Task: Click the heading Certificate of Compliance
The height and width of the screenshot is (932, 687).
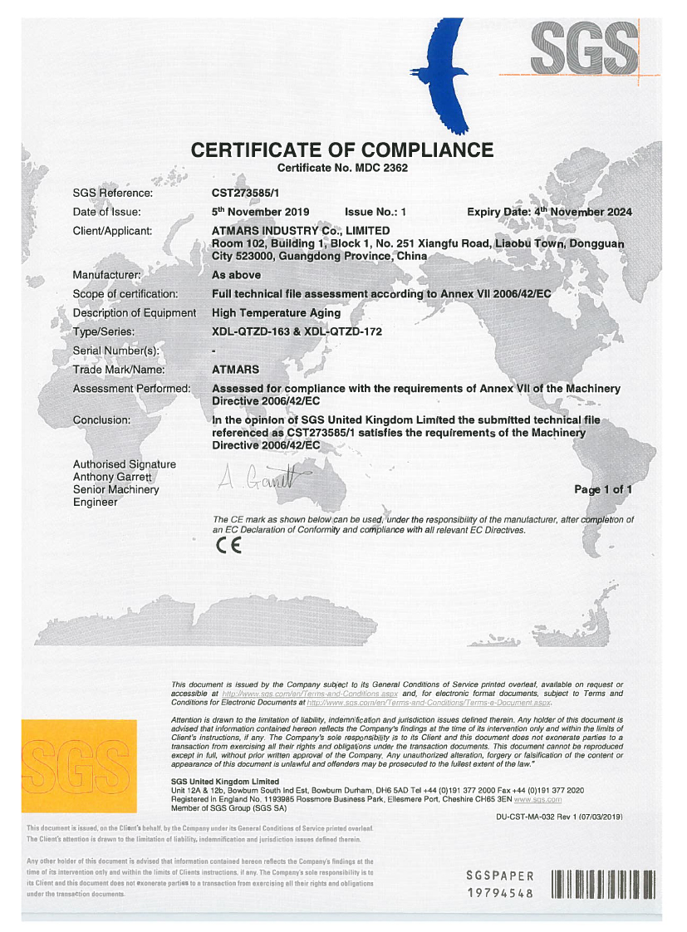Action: click(x=342, y=150)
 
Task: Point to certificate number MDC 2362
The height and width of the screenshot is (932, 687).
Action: click(x=342, y=168)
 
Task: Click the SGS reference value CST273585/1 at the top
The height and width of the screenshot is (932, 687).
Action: click(x=247, y=194)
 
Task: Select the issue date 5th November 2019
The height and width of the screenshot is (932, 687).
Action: click(x=261, y=212)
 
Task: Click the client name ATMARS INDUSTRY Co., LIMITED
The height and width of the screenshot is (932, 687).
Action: click(x=301, y=230)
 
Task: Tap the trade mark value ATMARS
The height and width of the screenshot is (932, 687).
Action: click(x=236, y=370)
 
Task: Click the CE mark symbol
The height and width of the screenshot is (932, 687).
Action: click(x=228, y=546)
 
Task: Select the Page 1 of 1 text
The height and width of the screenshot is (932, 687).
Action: click(x=602, y=489)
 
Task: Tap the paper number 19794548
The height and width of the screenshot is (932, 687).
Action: click(x=499, y=893)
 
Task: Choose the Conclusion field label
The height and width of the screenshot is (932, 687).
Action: click(x=101, y=420)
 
